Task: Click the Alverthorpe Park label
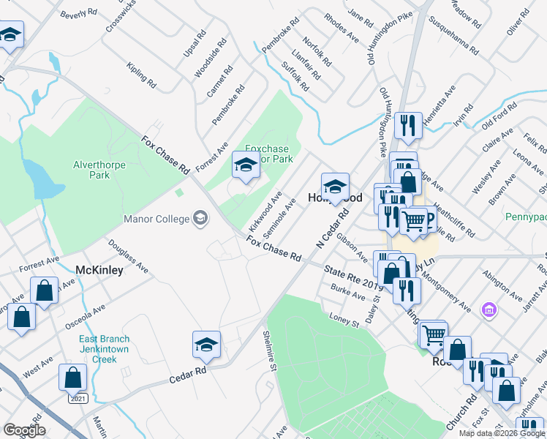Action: point(99,170)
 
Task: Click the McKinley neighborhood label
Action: point(99,269)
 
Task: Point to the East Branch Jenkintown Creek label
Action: point(105,350)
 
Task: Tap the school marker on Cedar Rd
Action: point(206,345)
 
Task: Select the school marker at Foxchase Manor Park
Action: point(245,165)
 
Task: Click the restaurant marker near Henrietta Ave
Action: point(408,125)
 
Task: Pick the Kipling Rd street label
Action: point(141,75)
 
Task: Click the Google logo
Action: point(23,430)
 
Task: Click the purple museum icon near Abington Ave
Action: point(488,311)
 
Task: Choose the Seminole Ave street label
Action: point(279,216)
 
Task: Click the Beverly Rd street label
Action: point(79,14)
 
